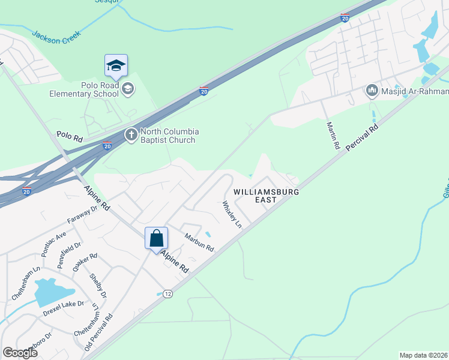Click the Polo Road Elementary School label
92,89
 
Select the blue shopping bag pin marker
156,238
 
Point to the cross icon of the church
131,136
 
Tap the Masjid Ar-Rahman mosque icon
372,91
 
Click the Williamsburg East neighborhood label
266,196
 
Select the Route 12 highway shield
167,293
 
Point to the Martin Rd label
333,136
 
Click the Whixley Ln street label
232,214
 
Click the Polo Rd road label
69,137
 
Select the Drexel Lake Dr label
62,312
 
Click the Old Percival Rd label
99,334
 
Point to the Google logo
20,352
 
